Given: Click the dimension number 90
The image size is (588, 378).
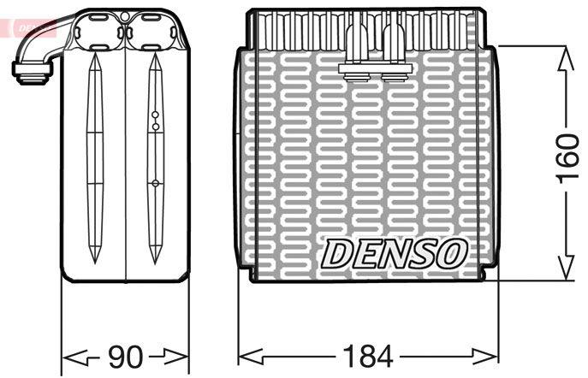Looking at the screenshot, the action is [126, 356].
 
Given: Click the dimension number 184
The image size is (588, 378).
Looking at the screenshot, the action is [368, 356].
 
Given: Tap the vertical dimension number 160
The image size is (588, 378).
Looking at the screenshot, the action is [568, 159].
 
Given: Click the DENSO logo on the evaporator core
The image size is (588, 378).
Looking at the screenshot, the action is [394, 254].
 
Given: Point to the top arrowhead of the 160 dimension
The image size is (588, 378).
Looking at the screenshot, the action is [566, 59].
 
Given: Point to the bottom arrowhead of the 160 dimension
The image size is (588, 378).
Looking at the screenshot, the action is [566, 267].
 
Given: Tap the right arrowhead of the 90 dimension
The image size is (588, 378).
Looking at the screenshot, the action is [175, 356].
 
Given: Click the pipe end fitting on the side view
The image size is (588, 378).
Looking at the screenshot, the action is [33, 72].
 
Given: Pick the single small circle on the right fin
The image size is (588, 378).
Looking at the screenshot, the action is [155, 183].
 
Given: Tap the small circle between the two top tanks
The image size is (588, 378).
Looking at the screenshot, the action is [125, 16].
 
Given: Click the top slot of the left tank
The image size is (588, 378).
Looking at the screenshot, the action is [99, 18].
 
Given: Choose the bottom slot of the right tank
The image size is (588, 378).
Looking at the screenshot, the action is [151, 48].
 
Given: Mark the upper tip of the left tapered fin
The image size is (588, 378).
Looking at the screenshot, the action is [94, 53].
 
